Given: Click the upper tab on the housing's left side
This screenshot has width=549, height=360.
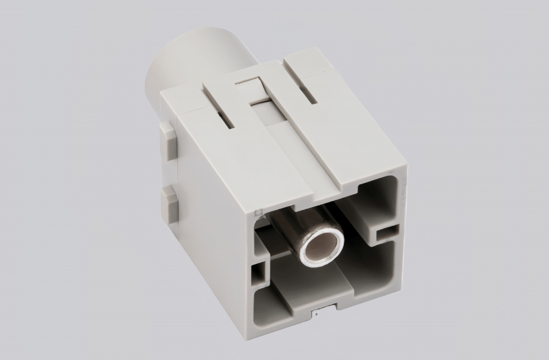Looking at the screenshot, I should click(x=167, y=137).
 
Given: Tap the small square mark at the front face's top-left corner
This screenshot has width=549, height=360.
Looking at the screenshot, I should click(x=258, y=212).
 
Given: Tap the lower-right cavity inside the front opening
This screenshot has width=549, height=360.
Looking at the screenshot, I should click(x=370, y=268).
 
